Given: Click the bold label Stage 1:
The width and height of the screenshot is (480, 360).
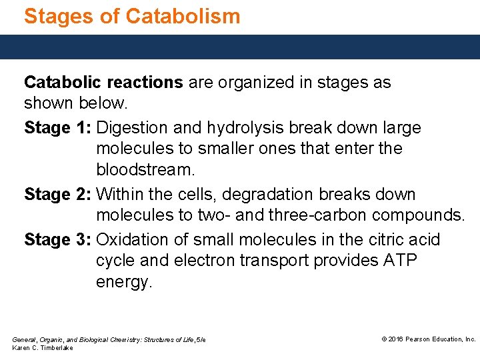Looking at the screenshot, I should pos(58,127).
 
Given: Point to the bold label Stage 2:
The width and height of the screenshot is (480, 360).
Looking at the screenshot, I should pos(58,195).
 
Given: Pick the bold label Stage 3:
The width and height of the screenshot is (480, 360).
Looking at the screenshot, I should pos(58,239).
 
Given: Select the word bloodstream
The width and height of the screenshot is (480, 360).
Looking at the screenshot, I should pos(145,170).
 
